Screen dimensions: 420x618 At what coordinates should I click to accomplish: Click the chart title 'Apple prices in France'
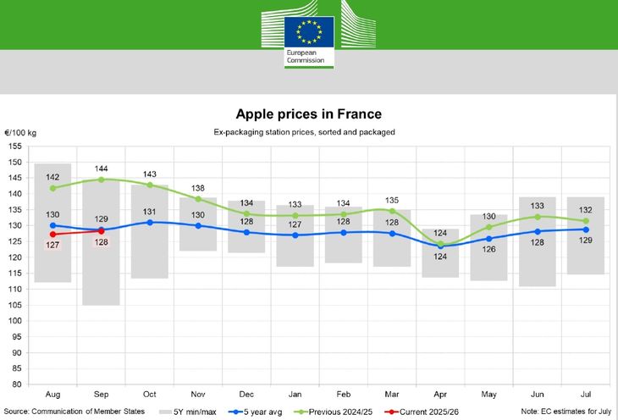click(x=308, y=113)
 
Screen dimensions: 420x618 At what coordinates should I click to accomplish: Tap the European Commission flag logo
click(x=308, y=32)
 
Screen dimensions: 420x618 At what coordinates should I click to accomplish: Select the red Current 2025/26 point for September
click(x=102, y=230)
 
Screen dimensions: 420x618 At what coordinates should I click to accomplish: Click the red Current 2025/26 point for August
click(x=53, y=234)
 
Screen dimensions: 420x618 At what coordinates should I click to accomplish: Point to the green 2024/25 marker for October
click(x=150, y=185)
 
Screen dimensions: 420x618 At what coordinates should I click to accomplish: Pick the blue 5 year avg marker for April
click(x=440, y=246)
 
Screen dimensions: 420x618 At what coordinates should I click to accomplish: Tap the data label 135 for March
click(x=392, y=201)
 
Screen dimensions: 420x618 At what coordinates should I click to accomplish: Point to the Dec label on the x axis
click(x=246, y=395)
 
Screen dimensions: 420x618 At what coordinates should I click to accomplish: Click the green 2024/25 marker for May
click(x=488, y=227)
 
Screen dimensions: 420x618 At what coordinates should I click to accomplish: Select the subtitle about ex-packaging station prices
click(x=308, y=132)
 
